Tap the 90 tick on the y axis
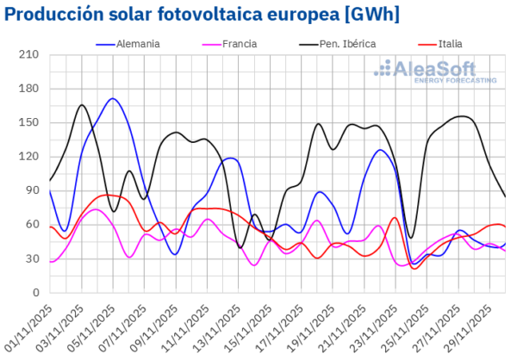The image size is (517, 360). click(32, 190)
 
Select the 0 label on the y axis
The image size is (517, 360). click(35, 292)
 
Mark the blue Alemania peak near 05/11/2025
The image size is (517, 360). click(113, 99)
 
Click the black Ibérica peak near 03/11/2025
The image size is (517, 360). click(82, 105)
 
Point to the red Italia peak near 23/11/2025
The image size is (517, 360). click(394, 218)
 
